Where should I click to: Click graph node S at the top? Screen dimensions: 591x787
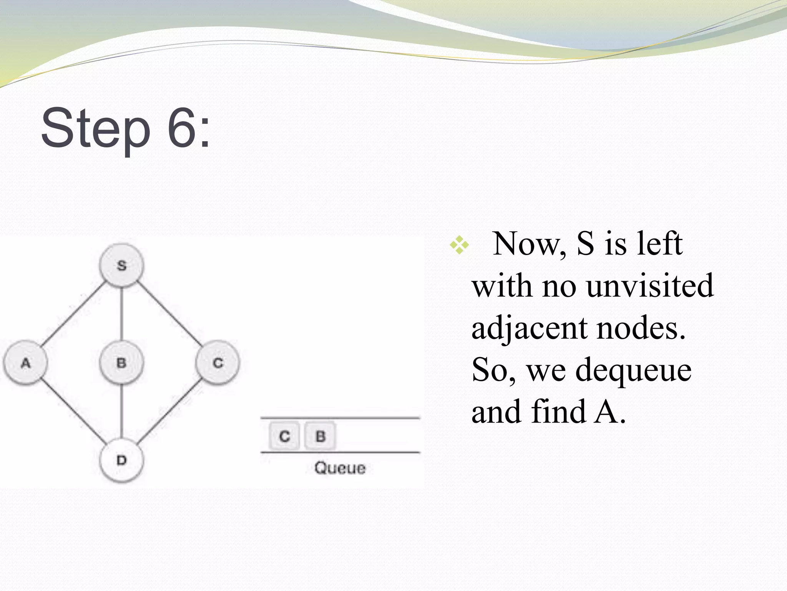pyautogui.click(x=121, y=265)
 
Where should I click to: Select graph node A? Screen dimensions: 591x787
pyautogui.click(x=25, y=362)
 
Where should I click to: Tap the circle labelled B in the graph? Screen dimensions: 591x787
pyautogui.click(x=121, y=362)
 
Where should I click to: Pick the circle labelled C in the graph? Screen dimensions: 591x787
pyautogui.click(x=218, y=362)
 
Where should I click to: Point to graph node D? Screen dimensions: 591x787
pyautogui.click(x=121, y=460)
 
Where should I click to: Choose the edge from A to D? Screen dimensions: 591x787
pyautogui.click(x=73, y=411)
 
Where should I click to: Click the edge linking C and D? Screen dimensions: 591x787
pyautogui.click(x=169, y=411)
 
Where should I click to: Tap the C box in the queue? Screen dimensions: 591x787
pyautogui.click(x=284, y=436)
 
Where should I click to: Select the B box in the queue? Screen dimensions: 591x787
pyautogui.click(x=320, y=436)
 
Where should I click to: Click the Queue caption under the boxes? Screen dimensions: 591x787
pyautogui.click(x=340, y=468)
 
